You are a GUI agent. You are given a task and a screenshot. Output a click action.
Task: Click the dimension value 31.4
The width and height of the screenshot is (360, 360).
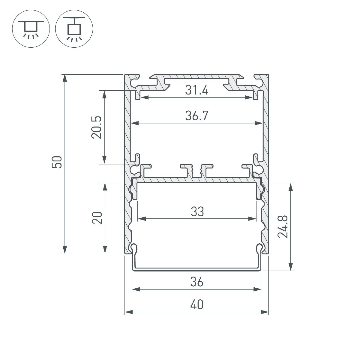(x=196, y=90)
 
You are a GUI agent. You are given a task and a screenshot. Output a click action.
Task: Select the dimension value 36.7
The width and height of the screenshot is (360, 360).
(x=196, y=116)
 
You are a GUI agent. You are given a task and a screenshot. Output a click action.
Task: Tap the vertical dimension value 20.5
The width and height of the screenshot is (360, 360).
(x=97, y=127)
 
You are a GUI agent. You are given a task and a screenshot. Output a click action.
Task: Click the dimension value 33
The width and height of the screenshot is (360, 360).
(x=197, y=212)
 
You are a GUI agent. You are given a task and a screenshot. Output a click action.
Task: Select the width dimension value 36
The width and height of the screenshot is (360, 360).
(x=196, y=282)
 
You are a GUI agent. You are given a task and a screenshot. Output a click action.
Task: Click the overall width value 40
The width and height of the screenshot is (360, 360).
(x=196, y=305)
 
